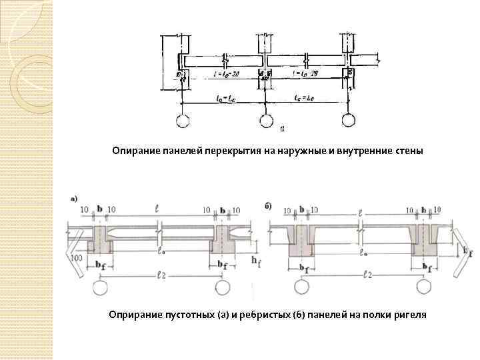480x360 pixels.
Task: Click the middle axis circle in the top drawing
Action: point(265,121)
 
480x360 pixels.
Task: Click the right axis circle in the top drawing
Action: point(347,121)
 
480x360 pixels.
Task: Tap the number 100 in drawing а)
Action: point(77,257)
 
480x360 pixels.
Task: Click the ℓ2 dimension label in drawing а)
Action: point(160,275)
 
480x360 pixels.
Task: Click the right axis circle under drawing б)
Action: point(423,287)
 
